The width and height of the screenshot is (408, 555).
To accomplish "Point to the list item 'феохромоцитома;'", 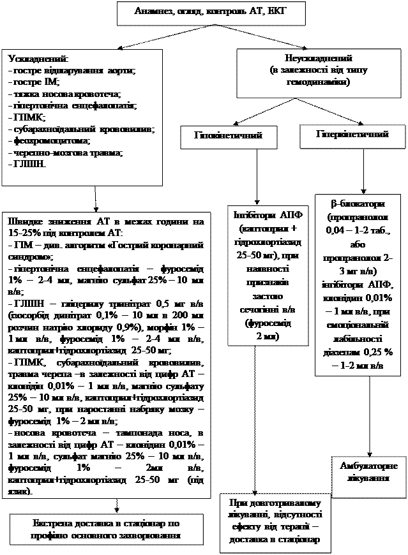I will pos(49,142).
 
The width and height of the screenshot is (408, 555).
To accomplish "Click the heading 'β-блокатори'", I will pos(358,204).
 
